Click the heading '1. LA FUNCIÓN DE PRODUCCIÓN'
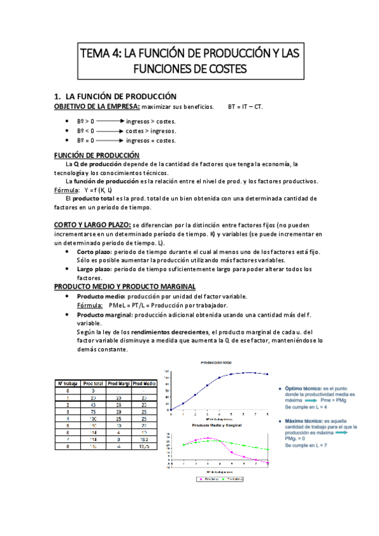(x=115, y=96)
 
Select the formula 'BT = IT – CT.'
(x=245, y=106)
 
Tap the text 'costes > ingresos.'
(x=151, y=131)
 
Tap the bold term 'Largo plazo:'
(x=96, y=269)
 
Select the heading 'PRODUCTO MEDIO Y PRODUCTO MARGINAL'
(x=124, y=286)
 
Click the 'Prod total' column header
(x=93, y=384)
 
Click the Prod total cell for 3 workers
(x=93, y=409)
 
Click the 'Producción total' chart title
(x=216, y=363)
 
